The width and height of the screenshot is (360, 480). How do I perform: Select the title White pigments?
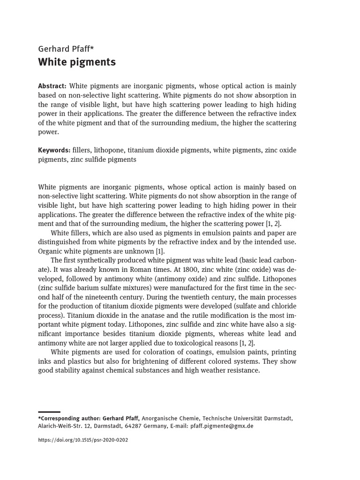[x=77, y=62]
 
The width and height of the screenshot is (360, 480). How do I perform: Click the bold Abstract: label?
[x=52, y=86]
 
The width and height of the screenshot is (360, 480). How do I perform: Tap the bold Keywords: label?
[x=54, y=150]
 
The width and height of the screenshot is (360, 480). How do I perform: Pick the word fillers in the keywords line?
[x=82, y=150]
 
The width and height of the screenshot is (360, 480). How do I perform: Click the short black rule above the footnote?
[x=49, y=412]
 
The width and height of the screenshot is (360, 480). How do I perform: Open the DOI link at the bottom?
[x=83, y=440]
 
